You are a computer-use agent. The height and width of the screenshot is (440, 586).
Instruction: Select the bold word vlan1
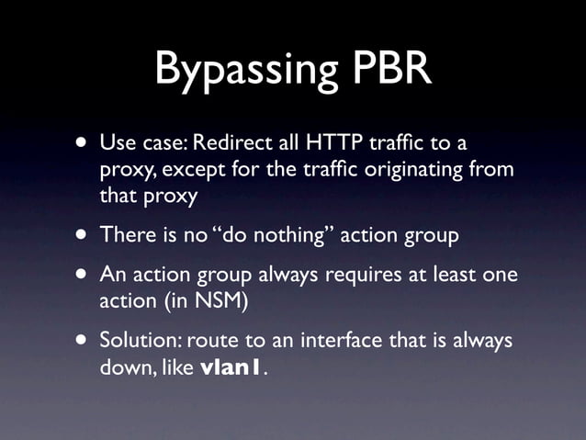pos(231,367)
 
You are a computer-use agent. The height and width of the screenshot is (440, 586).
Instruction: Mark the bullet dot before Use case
pos(83,143)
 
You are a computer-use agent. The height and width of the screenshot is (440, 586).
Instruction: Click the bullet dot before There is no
pos(83,234)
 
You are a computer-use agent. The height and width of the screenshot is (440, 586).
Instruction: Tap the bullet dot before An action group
pos(83,275)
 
